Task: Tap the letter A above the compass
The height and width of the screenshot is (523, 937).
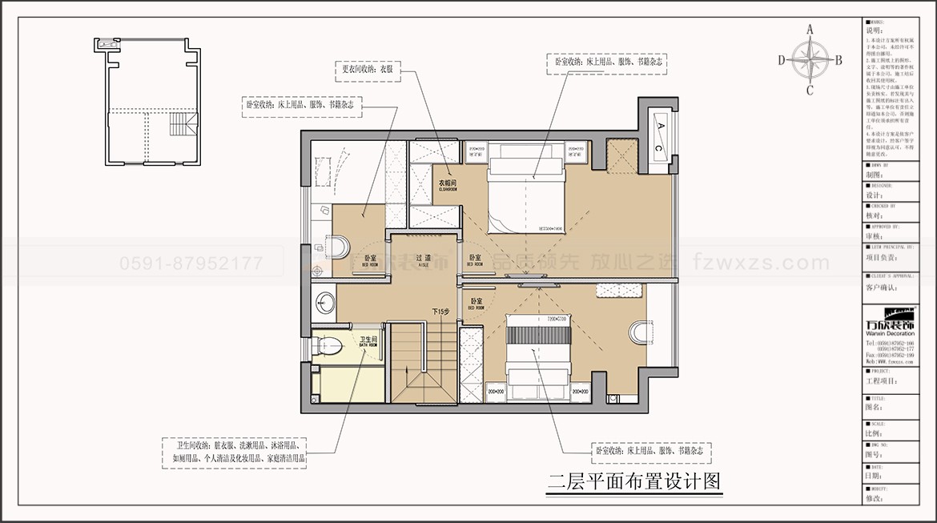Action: pyautogui.click(x=810, y=30)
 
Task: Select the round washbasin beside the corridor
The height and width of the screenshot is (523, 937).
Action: pyautogui.click(x=325, y=303)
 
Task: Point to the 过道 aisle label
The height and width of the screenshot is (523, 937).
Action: pyautogui.click(x=412, y=258)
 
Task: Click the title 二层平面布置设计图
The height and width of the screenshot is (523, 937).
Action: pyautogui.click(x=635, y=482)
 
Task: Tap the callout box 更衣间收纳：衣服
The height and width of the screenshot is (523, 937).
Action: pyautogui.click(x=366, y=70)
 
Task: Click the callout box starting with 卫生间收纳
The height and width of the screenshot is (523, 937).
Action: pyautogui.click(x=238, y=453)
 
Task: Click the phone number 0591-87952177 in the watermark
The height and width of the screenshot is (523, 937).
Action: pyautogui.click(x=191, y=263)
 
